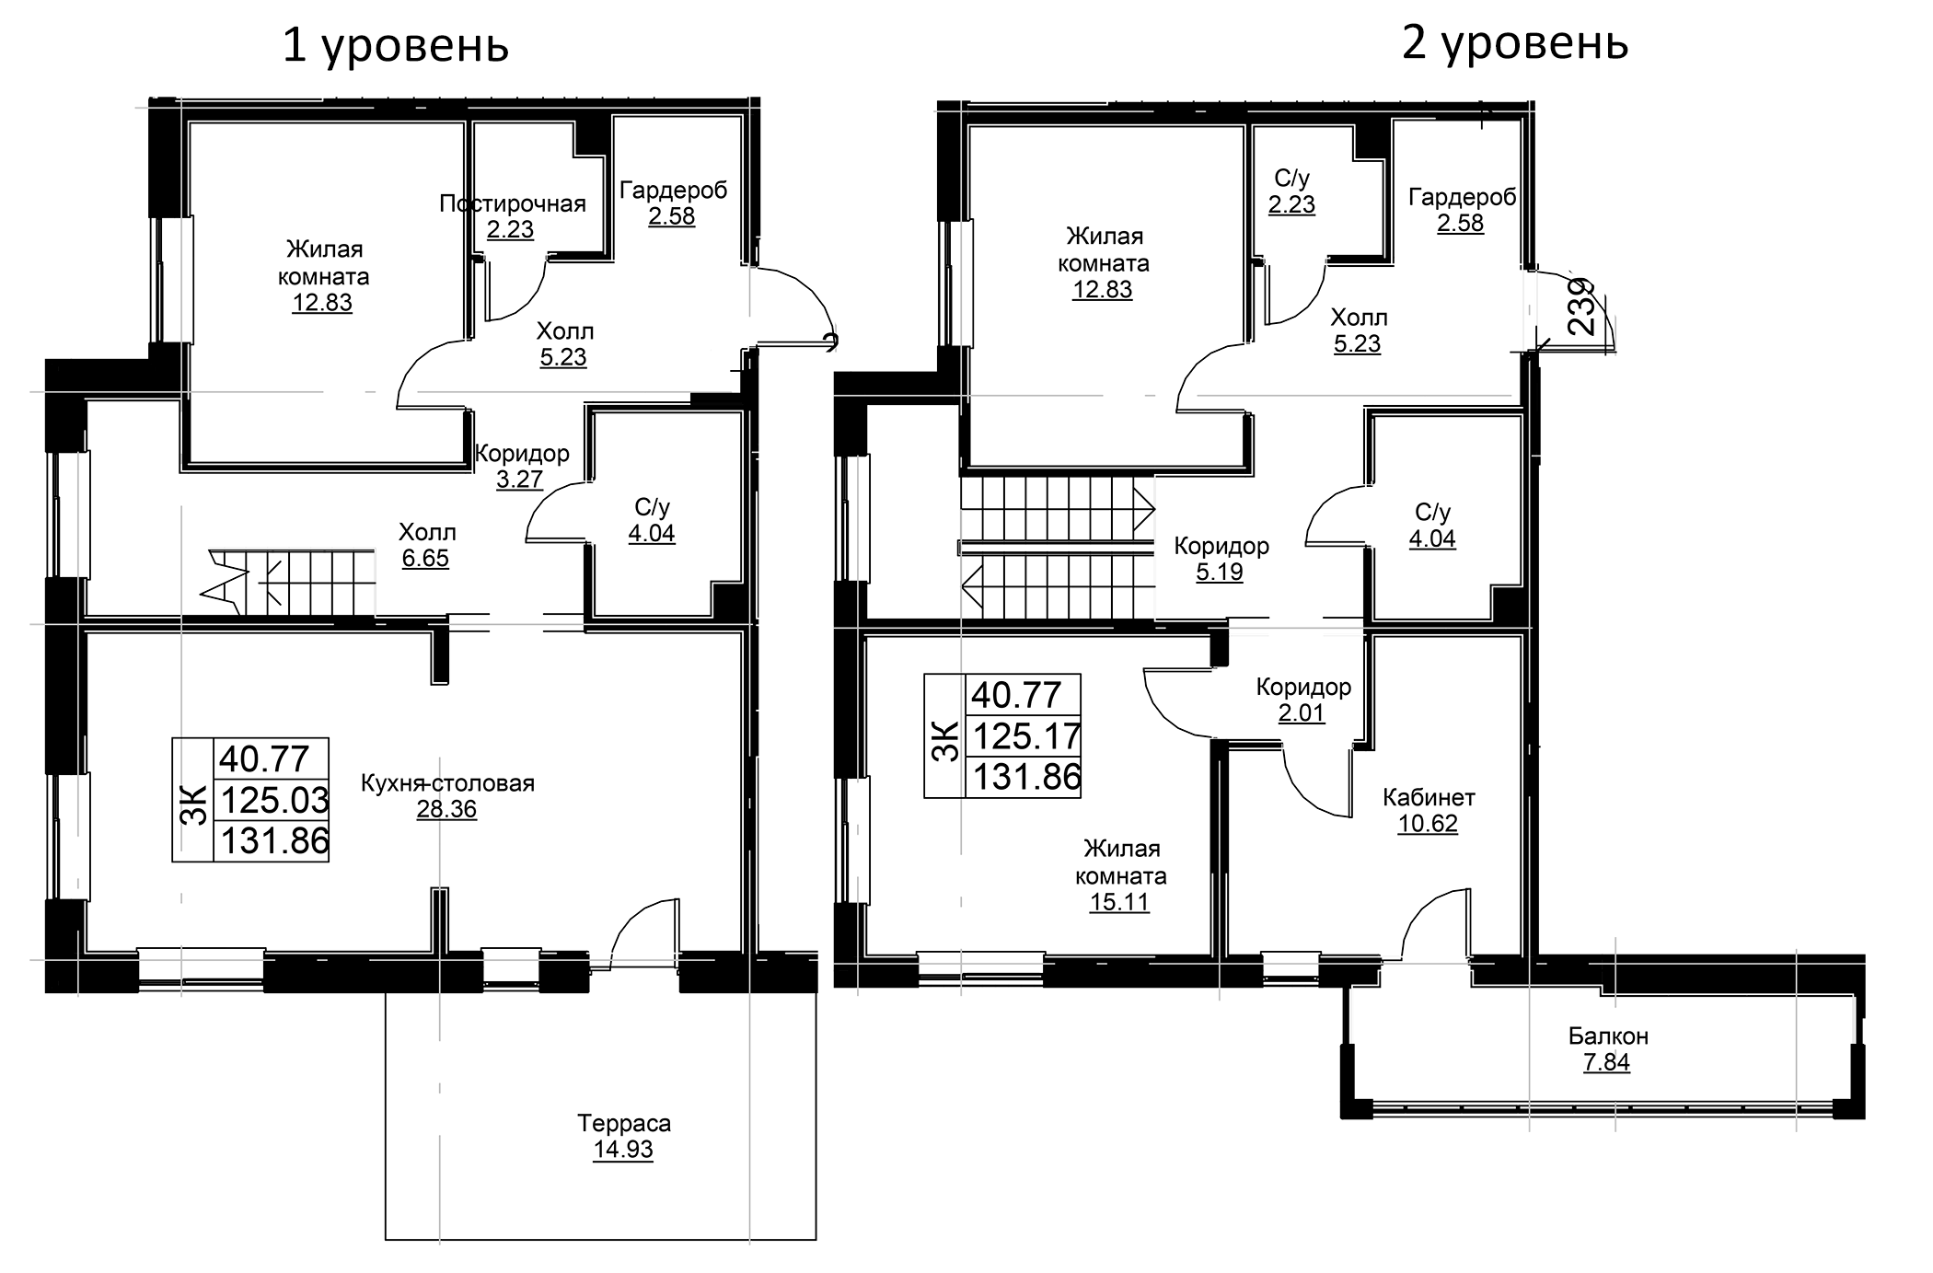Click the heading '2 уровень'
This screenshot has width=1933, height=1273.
(x=1515, y=43)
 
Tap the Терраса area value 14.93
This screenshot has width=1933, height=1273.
(x=623, y=1150)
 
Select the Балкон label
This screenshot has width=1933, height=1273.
(x=1608, y=1036)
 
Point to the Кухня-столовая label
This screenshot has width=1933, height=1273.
(x=447, y=783)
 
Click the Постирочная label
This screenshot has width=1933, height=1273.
(x=513, y=203)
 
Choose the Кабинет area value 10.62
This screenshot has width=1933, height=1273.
(x=1428, y=824)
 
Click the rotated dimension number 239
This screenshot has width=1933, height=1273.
(x=1580, y=307)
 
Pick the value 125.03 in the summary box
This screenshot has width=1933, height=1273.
(x=273, y=800)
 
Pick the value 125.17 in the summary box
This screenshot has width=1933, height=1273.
(x=1025, y=736)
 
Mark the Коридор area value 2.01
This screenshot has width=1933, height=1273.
(x=1302, y=713)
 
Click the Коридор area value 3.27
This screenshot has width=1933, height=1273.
(x=519, y=480)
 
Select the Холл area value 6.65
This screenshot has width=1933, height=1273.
(x=425, y=558)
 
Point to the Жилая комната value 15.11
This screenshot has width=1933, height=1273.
(x=1119, y=902)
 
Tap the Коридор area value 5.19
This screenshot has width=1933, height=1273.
(x=1220, y=573)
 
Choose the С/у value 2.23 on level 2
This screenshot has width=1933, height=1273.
(x=1291, y=204)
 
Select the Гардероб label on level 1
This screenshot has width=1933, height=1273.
(x=673, y=191)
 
